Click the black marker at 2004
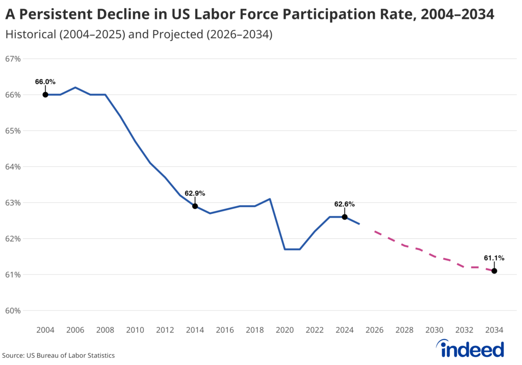45,95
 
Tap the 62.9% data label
195,193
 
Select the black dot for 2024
345,217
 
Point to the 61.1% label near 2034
494,258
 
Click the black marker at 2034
494,271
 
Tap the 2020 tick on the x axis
284,330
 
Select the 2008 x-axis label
105,330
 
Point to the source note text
58,355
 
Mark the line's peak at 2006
75,88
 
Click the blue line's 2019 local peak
270,199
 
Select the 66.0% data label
45,81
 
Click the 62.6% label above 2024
345,204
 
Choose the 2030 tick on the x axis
434,330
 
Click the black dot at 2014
195,206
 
